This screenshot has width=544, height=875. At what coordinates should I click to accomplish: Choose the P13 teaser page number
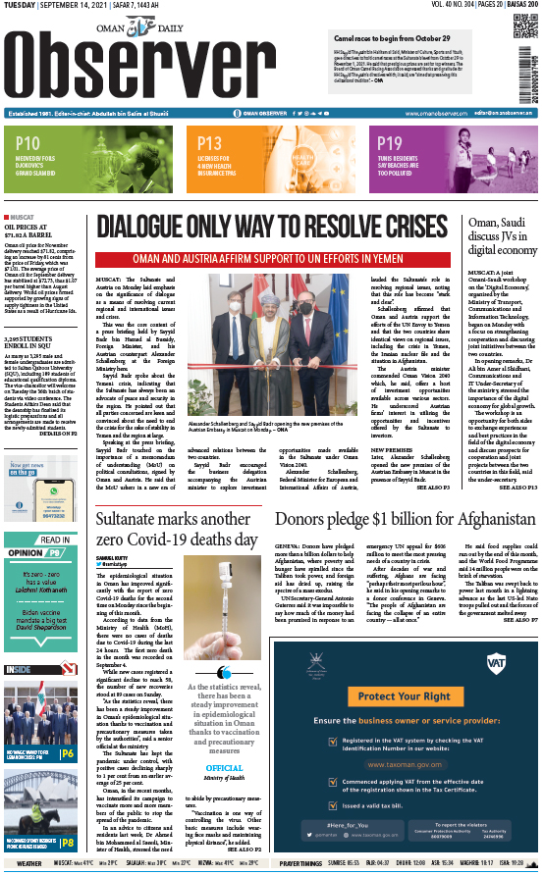tap(209, 143)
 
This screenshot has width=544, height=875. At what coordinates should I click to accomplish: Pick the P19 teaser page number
tap(390, 143)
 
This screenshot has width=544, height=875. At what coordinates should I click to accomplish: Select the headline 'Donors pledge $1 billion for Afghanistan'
tap(398, 518)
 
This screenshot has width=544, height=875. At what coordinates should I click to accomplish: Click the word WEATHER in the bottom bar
tap(28, 863)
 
